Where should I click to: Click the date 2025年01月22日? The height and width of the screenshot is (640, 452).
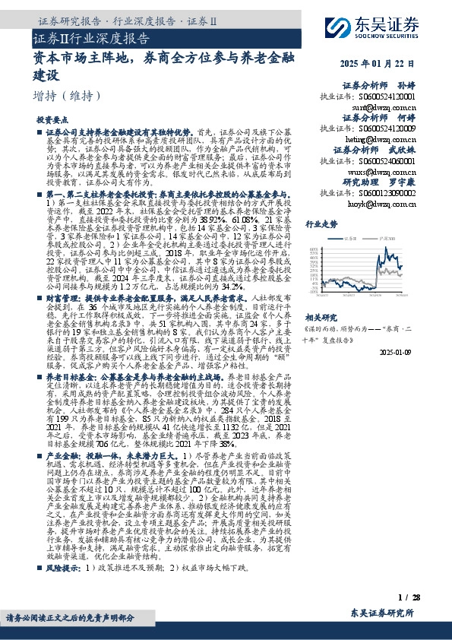pyautogui.click(x=384, y=62)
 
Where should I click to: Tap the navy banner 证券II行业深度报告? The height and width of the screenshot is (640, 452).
pyautogui.click(x=92, y=39)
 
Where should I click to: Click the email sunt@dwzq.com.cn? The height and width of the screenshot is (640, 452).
pyautogui.click(x=390, y=108)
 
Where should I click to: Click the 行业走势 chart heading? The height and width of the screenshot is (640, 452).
pyautogui.click(x=321, y=225)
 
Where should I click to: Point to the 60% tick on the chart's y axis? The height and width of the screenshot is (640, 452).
pyautogui.click(x=311, y=250)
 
